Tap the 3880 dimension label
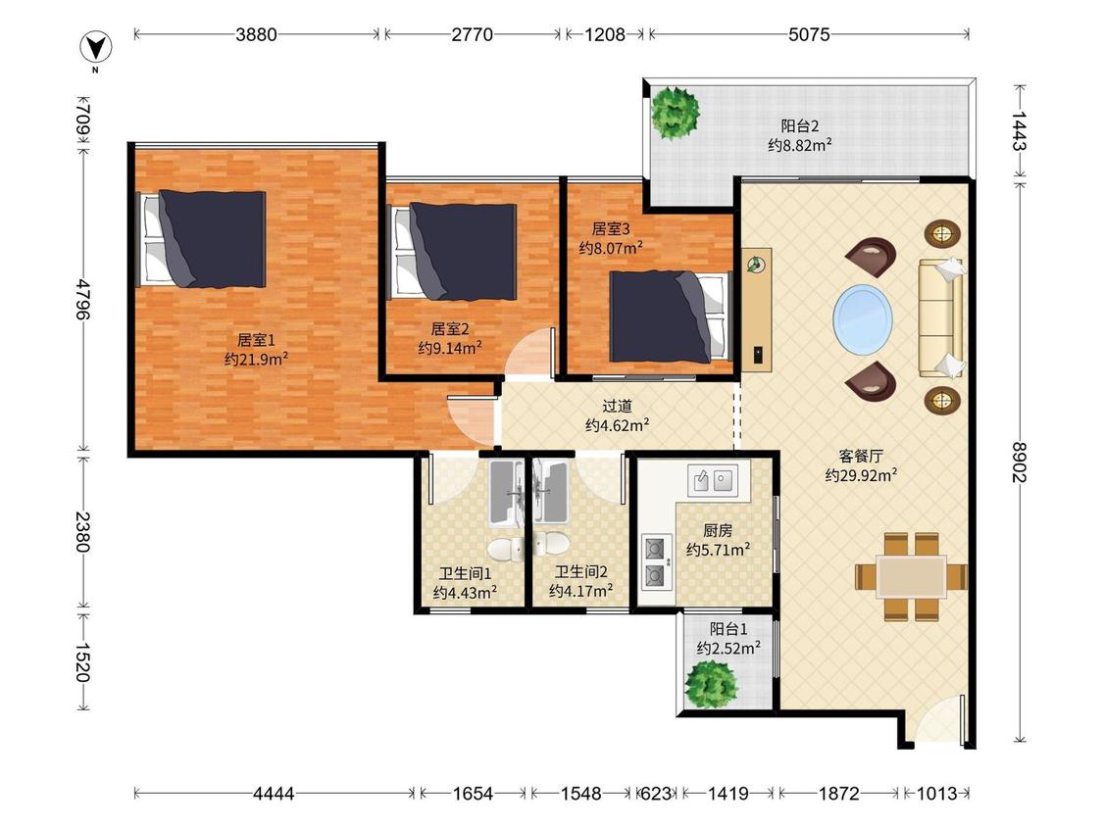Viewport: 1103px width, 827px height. pos(256,34)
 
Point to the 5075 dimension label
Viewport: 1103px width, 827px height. pos(809,34)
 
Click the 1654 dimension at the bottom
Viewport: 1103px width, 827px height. pos(473,794)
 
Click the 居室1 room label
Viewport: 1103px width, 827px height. pos(256,340)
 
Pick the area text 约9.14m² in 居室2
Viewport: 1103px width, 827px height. pos(450,348)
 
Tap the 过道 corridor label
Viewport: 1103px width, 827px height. pos(617,406)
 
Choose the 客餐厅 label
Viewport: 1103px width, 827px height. pos(860,456)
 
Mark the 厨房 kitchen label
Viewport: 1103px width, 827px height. pos(718,530)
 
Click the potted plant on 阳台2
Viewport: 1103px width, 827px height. pos(676,113)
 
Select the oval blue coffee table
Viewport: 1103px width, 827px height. pos(863,319)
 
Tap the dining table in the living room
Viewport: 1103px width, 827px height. pos(911,577)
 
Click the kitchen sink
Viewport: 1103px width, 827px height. pos(713,480)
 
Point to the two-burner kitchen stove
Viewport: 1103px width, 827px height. pos(655,561)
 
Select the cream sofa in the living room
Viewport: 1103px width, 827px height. pos(940,318)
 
